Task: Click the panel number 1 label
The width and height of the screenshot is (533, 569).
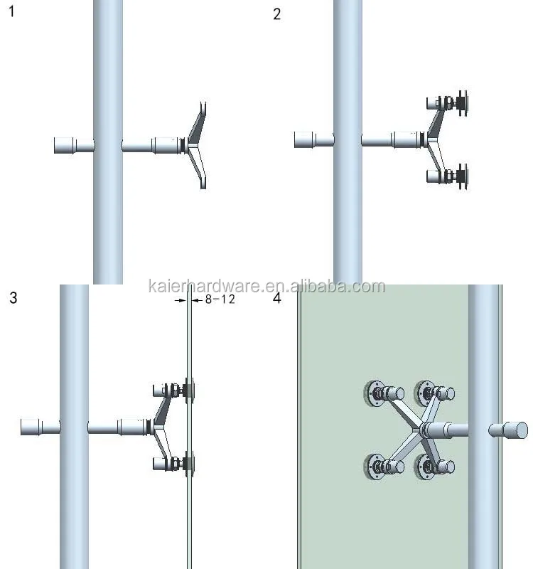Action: tap(11, 11)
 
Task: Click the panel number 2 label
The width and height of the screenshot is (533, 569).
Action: tap(276, 14)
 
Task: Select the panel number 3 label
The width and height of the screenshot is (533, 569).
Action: tap(14, 297)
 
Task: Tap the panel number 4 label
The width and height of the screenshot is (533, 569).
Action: tap(276, 297)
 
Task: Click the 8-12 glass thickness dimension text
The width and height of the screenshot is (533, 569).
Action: tap(220, 299)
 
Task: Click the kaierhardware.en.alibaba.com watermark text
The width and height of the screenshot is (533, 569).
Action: tap(266, 287)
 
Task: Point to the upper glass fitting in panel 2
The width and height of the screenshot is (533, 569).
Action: tap(448, 103)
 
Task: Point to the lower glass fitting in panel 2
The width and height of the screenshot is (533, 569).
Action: tap(448, 176)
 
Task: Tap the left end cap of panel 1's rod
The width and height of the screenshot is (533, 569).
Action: tap(64, 145)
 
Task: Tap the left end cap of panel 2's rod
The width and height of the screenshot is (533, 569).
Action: tap(304, 139)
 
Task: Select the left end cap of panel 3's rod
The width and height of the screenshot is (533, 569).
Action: tap(31, 427)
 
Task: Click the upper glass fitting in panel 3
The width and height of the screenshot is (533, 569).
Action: tap(173, 390)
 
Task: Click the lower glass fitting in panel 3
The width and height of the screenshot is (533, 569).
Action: tap(173, 464)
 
